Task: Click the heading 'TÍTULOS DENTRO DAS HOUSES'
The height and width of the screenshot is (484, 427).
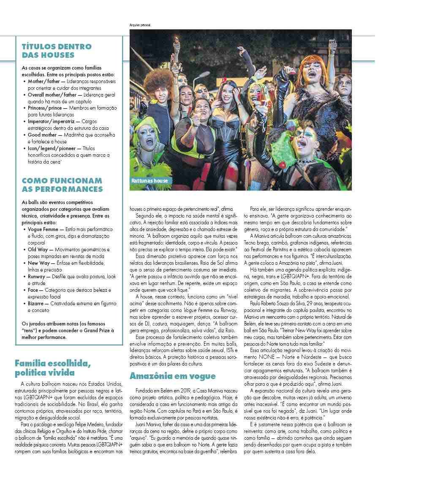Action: [x=56, y=51]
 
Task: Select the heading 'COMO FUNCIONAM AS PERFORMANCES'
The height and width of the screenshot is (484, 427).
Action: [x=62, y=185]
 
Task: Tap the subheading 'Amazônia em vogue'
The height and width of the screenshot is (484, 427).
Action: [x=172, y=376]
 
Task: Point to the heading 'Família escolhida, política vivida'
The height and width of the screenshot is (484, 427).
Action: [x=52, y=368]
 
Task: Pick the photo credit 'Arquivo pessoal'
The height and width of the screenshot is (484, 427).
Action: [x=140, y=25]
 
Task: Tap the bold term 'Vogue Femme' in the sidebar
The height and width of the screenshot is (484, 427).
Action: [x=43, y=229]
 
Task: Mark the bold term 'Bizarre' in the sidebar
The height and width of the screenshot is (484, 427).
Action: [x=37, y=304]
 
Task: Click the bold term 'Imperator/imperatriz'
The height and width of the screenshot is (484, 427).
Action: [x=51, y=121]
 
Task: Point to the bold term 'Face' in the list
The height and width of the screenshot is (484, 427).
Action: [x=33, y=290]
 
